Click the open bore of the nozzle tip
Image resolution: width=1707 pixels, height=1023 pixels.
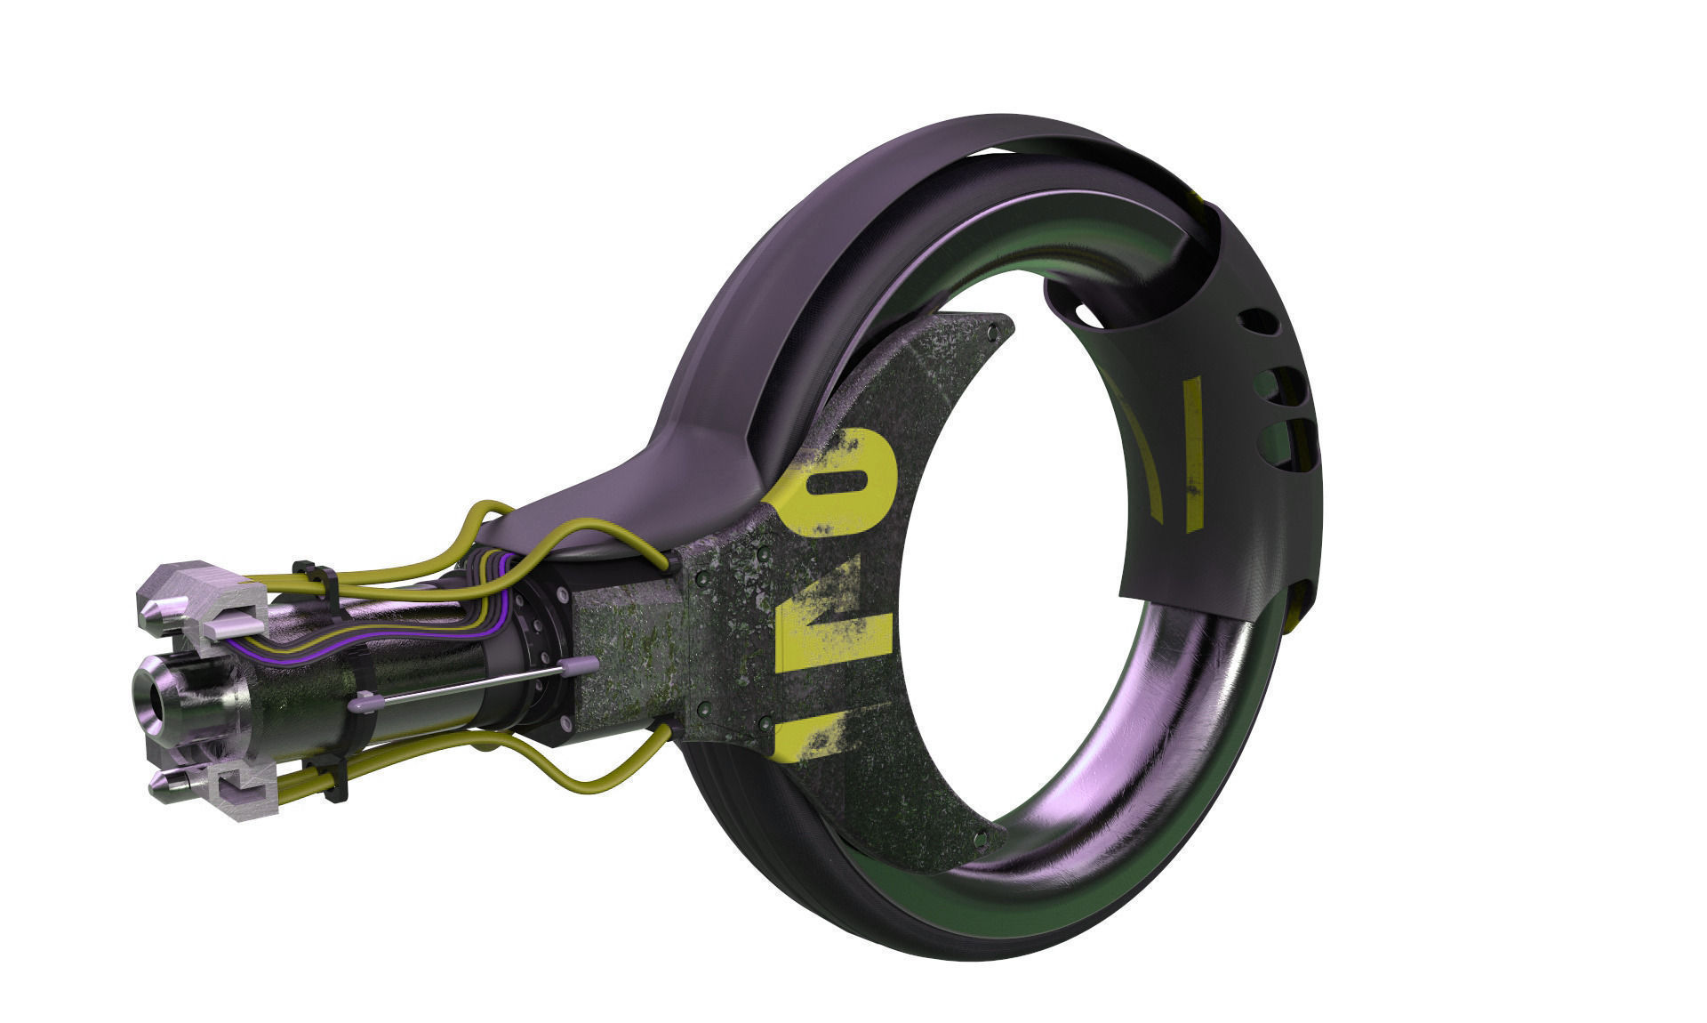point(156,700)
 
